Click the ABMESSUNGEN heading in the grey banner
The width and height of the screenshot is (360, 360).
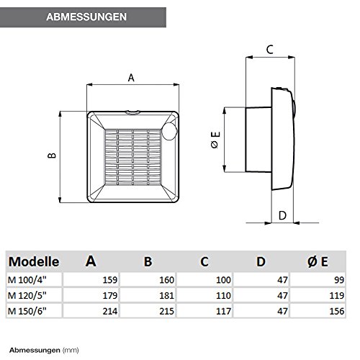(86, 17)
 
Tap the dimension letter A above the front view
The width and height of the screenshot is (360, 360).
(131, 78)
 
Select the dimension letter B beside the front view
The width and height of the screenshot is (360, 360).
(52, 156)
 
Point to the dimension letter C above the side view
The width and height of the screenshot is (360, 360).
(270, 50)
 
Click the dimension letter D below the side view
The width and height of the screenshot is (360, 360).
(282, 215)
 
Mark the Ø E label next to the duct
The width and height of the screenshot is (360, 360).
(215, 140)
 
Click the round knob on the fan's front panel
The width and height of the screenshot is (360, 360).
(169, 131)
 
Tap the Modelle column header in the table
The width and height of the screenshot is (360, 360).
(34, 261)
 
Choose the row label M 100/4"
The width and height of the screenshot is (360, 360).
(27, 280)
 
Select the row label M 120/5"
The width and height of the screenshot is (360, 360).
(27, 295)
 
